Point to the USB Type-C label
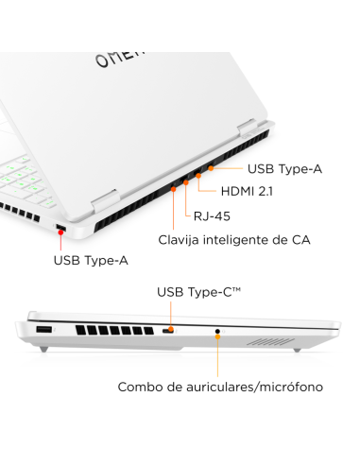pyautogui.click(x=198, y=292)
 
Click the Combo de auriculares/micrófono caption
pyautogui.click(x=220, y=387)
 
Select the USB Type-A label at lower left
pyautogui.click(x=90, y=259)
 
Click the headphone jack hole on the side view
pyautogui.click(x=218, y=332)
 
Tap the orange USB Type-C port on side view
pyautogui.click(x=168, y=332)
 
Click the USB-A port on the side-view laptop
pyautogui.click(x=43, y=331)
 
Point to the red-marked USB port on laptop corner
pyautogui.click(x=61, y=228)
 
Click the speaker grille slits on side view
pyautogui.click(x=269, y=339)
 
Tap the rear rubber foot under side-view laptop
pyautogui.click(x=296, y=351)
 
